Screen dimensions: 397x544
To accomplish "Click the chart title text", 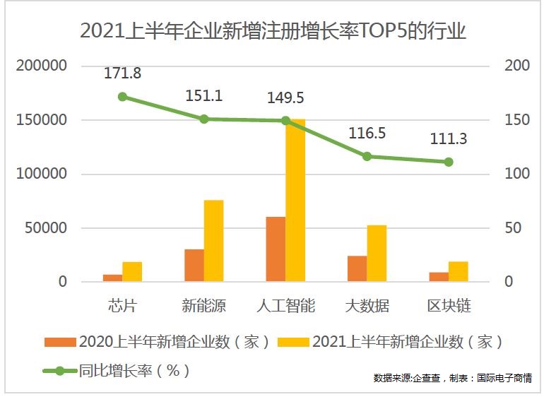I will coord(273,32).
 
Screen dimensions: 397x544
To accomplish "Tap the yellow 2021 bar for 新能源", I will coord(213,241).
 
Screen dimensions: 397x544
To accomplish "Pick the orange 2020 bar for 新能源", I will coord(194,266).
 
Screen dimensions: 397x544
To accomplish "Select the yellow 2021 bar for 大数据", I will coord(377,254).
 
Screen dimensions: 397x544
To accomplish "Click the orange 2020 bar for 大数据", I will coord(357,268).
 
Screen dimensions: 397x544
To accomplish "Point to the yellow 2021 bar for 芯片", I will coord(132,272).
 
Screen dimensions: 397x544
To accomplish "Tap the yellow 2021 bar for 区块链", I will coord(458,272).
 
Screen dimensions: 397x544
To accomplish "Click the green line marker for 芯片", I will coord(122,97).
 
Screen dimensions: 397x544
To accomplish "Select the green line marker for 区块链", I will coord(449,162).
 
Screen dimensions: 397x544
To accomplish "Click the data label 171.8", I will coord(122,73).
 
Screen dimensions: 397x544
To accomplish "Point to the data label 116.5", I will coord(367,133).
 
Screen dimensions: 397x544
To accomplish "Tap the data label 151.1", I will coord(203,96).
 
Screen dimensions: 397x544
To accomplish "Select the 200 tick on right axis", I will coord(517,66).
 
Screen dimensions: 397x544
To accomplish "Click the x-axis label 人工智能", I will coord(285,306).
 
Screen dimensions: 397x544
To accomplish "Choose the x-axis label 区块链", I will coord(449,306).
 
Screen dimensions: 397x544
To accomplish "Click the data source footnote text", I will coord(452,379).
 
